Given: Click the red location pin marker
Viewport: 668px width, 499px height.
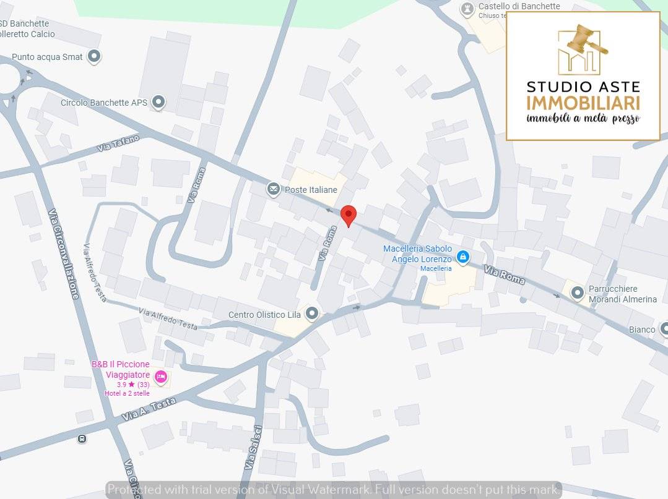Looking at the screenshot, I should pyautogui.click(x=349, y=215).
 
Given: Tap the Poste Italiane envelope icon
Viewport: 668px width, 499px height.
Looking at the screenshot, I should pyautogui.click(x=274, y=189).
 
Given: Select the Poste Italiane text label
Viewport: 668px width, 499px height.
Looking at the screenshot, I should pyautogui.click(x=311, y=190).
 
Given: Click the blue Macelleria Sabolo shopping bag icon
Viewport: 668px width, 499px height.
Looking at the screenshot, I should pyautogui.click(x=462, y=256).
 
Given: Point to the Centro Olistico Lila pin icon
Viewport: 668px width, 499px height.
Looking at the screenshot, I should pyautogui.click(x=312, y=314).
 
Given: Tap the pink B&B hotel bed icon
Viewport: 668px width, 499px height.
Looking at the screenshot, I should pyautogui.click(x=160, y=377).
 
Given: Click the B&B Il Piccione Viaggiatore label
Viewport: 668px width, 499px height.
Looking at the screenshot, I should pyautogui.click(x=121, y=369).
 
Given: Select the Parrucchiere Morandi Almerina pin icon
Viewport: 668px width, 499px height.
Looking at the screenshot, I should pyautogui.click(x=578, y=293).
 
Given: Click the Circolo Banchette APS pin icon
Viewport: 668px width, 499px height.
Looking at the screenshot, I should pyautogui.click(x=158, y=102).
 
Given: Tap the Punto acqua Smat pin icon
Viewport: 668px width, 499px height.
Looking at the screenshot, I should pyautogui.click(x=94, y=57).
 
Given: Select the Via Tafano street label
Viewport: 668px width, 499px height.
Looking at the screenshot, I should pyautogui.click(x=118, y=144).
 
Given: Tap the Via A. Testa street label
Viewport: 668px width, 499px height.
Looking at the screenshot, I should pyautogui.click(x=149, y=409).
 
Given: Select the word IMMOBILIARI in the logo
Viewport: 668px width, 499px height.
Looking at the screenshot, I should pyautogui.click(x=583, y=103).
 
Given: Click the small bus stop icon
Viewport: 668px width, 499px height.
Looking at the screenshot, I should pyautogui.click(x=82, y=439).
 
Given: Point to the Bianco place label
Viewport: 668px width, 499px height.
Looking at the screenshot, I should pyautogui.click(x=642, y=330).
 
